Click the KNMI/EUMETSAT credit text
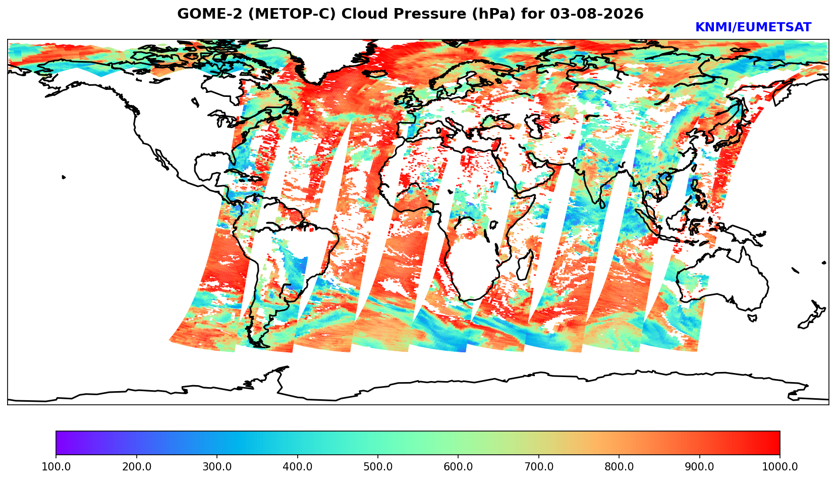pos(753,27)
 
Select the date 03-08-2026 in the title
pos(597,14)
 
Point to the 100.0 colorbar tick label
pos(56,467)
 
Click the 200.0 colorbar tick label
pos(137,467)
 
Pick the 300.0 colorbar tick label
pos(217,467)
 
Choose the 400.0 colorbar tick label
pos(298,467)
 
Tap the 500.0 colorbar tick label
pos(378,467)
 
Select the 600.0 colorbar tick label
pos(458,467)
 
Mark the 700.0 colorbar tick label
pos(538,467)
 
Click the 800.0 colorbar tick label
pos(619,467)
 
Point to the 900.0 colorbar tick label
pos(699,467)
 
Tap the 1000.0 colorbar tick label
pos(780,467)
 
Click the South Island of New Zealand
pos(808,321)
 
